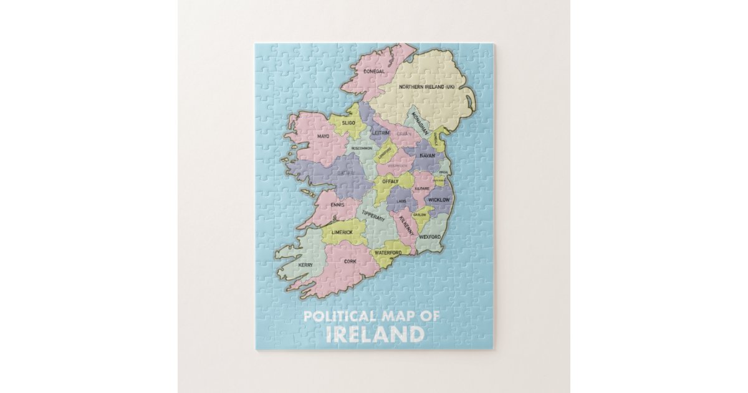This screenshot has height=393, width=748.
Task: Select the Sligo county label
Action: click(348, 124)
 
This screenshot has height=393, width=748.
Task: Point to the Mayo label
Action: click(323, 136)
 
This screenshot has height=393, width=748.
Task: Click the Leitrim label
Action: click(380, 133)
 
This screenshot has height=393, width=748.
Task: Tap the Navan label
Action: click(427, 155)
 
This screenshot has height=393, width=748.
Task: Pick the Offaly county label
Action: click(390, 181)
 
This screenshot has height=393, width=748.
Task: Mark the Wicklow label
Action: click(439, 200)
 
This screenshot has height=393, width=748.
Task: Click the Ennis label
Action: click(337, 204)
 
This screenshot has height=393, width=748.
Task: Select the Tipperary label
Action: click(373, 215)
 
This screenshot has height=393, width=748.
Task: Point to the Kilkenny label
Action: click(406, 223)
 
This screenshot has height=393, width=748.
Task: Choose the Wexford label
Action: click(430, 237)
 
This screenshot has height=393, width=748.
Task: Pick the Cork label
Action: click(350, 261)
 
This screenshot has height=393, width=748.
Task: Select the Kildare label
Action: click(423, 188)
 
